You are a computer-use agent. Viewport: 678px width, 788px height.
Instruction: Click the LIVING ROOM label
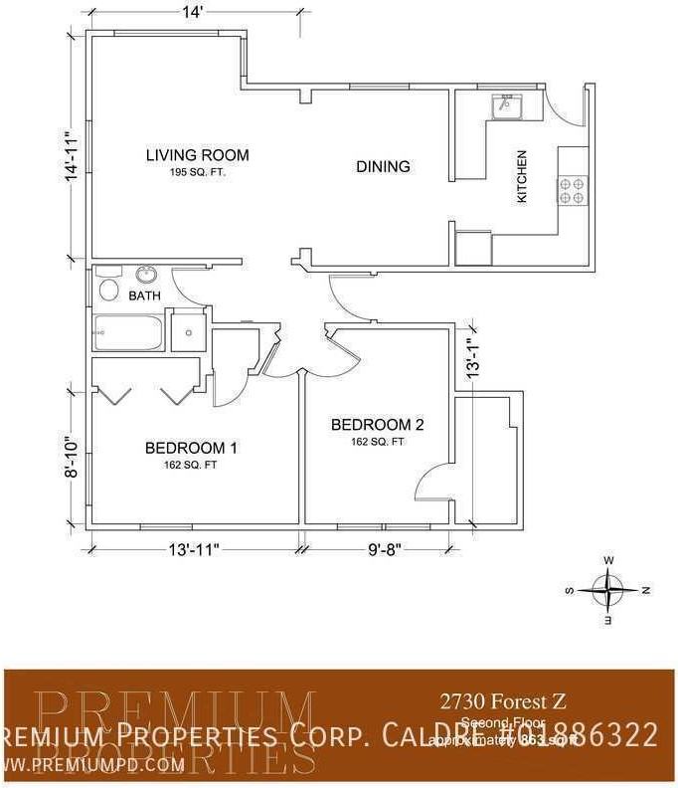click(x=197, y=155)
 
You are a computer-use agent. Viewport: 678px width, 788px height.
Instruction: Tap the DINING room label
click(x=383, y=166)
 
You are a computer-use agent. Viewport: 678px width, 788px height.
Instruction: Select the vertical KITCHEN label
click(x=521, y=177)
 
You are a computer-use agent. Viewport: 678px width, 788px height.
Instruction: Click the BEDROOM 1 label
click(x=191, y=448)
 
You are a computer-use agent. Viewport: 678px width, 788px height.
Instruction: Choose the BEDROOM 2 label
click(x=378, y=425)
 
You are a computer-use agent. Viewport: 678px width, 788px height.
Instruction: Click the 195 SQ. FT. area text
click(x=197, y=172)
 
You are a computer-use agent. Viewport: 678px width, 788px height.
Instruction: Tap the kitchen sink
click(x=507, y=103)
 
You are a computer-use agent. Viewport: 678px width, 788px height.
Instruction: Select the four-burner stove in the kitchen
click(x=572, y=190)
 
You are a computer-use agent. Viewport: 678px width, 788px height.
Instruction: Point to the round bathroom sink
click(x=146, y=275)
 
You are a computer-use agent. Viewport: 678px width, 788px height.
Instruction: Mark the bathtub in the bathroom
click(x=127, y=332)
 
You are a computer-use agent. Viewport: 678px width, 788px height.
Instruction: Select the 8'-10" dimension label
click(x=71, y=457)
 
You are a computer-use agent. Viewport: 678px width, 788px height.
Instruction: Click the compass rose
click(x=607, y=589)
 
